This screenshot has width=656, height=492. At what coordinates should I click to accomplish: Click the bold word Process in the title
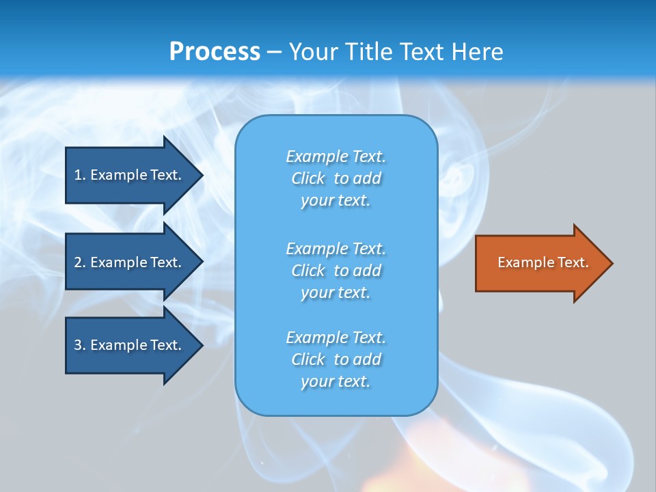pos(215,52)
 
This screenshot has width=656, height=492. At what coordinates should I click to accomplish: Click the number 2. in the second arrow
pos(80,262)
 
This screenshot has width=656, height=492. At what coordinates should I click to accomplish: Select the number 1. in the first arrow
pos(80,175)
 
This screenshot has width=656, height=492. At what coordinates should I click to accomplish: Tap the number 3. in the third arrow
pos(80,345)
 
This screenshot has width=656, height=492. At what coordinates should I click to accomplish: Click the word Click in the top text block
pos(308,178)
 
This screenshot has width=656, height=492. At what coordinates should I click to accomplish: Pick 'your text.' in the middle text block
pos(336,292)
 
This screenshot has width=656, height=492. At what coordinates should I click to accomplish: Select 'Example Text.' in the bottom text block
pos(336,338)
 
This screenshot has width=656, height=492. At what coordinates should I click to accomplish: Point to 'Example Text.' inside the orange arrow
pos(543,262)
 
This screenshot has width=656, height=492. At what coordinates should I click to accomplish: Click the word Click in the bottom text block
pos(308,359)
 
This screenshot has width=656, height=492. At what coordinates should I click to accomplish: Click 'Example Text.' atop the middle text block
pos(336,248)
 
